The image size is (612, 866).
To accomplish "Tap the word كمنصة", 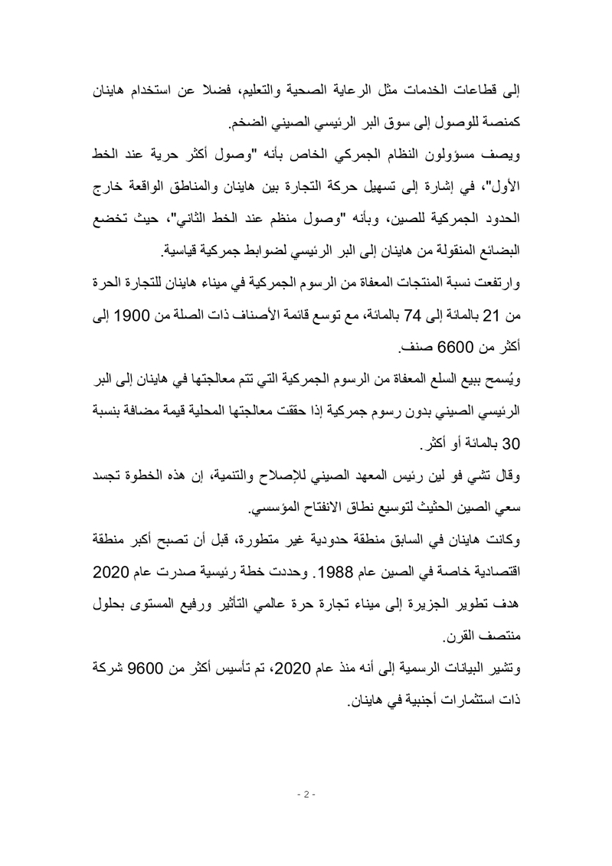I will tap(502, 123).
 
